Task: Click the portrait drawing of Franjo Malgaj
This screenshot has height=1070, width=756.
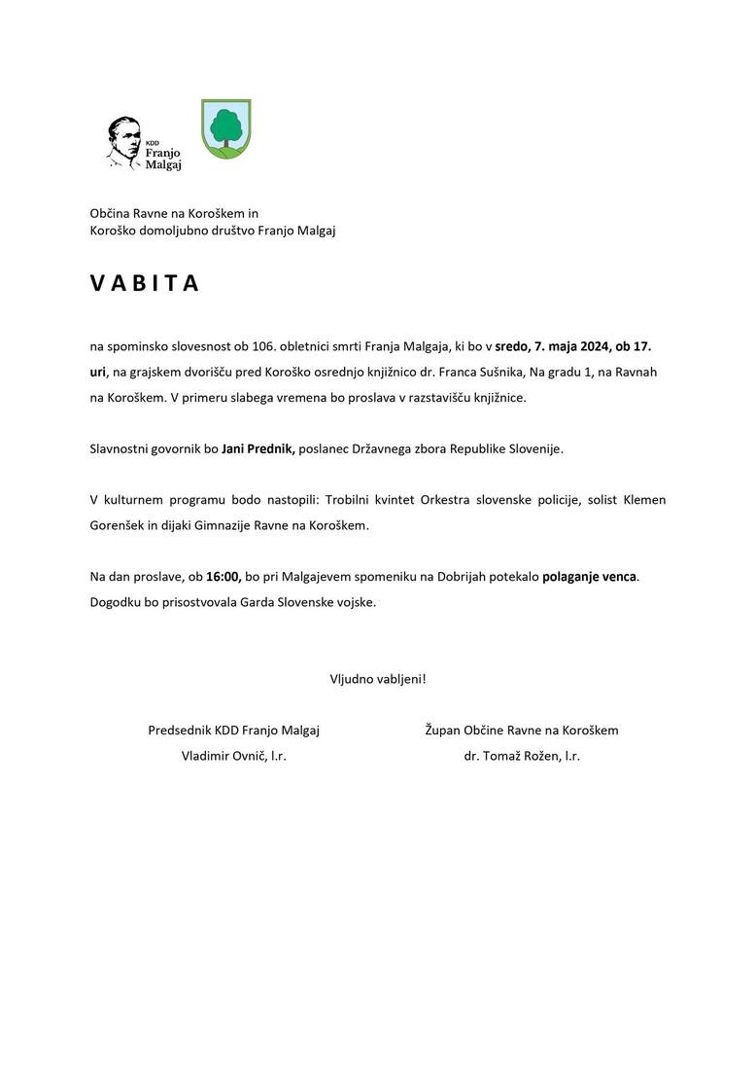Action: point(123,144)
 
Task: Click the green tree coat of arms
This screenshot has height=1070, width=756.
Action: point(225,128)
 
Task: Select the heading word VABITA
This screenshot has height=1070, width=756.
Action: point(145,283)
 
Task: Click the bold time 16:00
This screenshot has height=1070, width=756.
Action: point(223,577)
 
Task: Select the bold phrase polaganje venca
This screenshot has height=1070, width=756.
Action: point(590,577)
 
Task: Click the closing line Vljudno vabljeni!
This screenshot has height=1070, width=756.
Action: point(378,679)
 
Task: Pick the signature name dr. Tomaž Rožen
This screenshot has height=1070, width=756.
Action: point(514,756)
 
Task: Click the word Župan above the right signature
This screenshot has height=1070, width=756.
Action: point(442,730)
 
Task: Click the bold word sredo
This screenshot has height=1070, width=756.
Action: point(512,345)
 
